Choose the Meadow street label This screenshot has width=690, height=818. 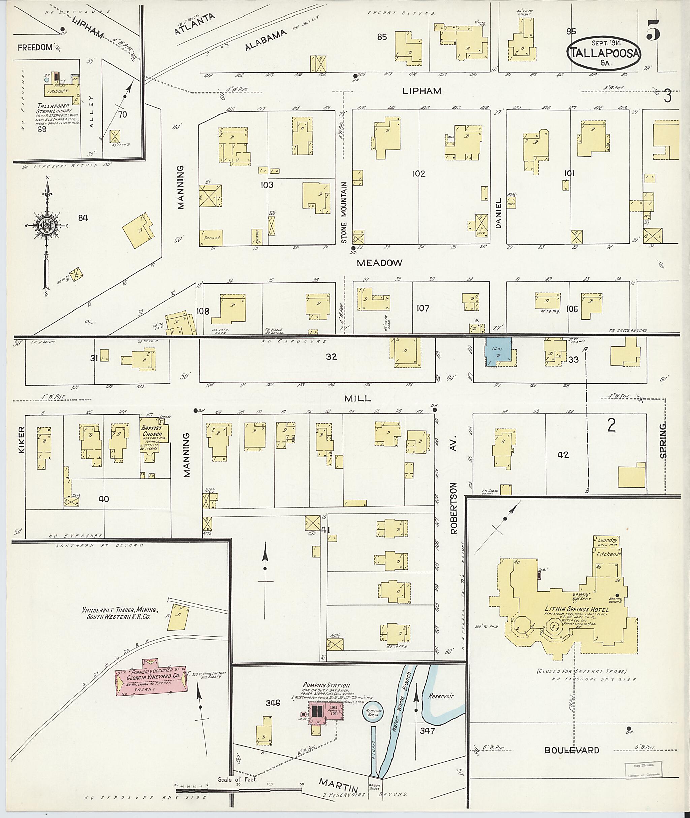(379, 263)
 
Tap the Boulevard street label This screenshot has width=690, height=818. (572, 759)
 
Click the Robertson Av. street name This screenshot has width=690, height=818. (453, 486)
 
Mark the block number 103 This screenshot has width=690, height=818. (267, 185)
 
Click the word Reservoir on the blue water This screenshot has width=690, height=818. (440, 696)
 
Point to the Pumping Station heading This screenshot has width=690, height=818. (326, 685)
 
